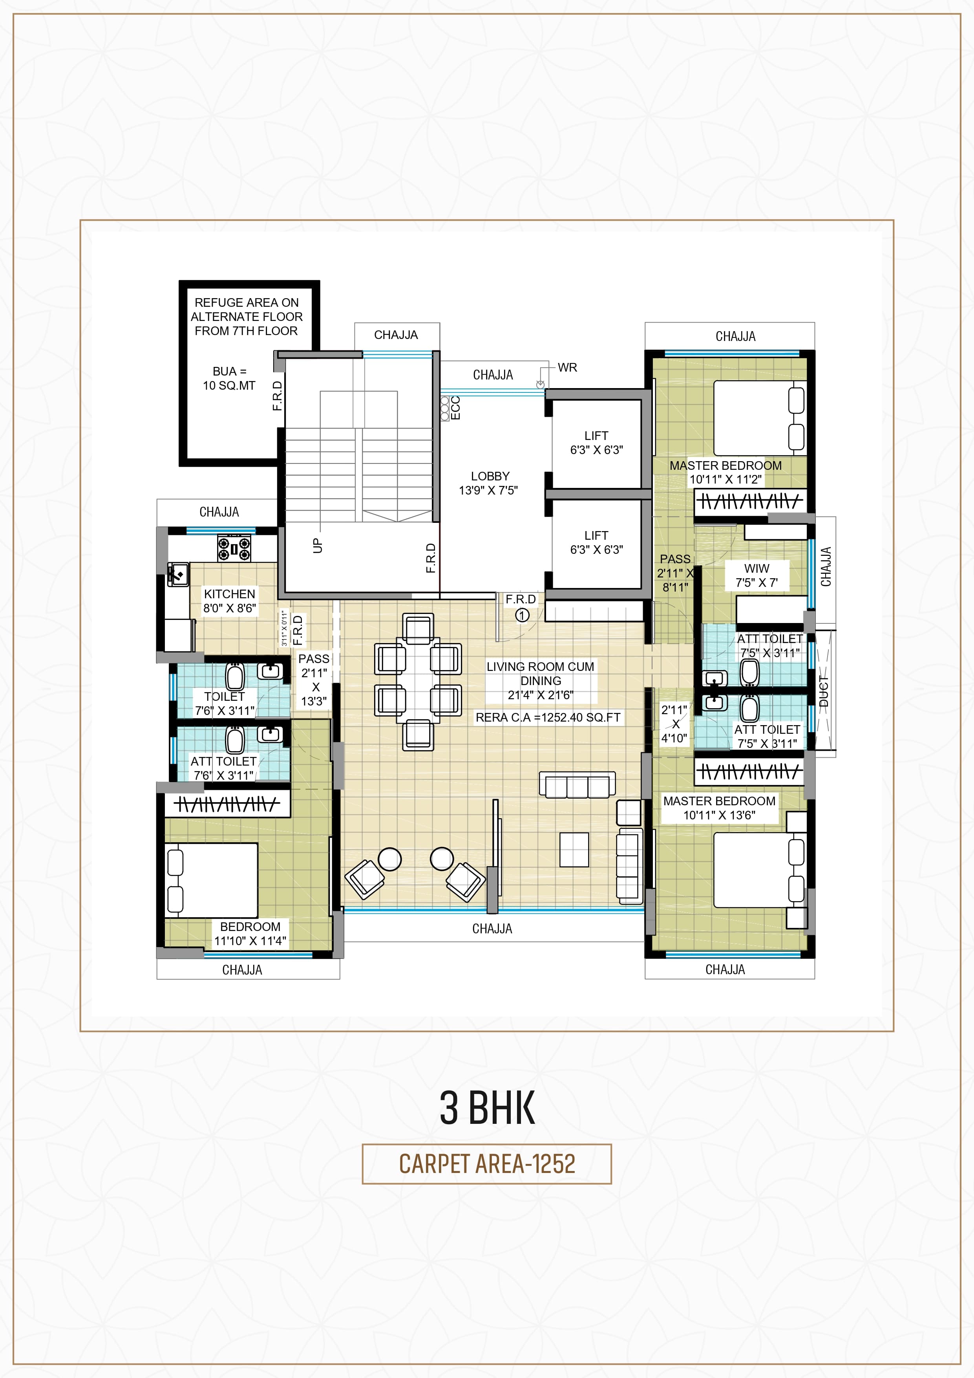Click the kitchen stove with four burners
(234, 547)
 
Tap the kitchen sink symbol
(178, 574)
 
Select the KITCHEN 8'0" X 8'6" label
(230, 601)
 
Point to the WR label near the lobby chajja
(567, 367)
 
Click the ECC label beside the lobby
(455, 407)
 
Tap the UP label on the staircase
(317, 545)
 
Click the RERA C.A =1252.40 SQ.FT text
(548, 717)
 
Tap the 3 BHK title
(486, 1107)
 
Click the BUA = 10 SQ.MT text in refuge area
(229, 378)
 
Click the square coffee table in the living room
(574, 849)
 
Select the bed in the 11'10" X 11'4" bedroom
(211, 880)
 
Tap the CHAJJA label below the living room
(492, 929)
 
